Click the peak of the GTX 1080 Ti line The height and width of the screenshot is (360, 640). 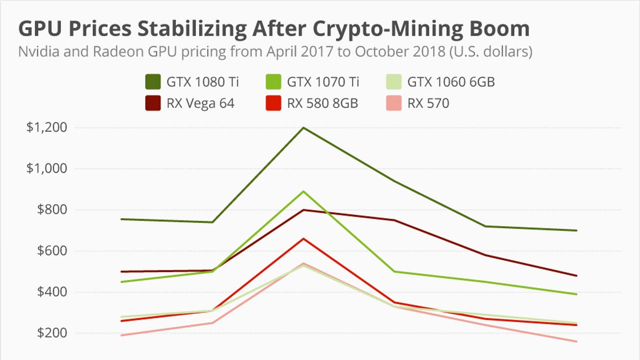pos(303,127)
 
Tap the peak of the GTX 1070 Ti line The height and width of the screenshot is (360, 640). pos(303,191)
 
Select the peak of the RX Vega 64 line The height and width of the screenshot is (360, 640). pos(303,210)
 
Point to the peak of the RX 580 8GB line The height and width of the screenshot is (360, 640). pos(303,238)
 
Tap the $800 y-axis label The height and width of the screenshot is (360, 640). pos(50,210)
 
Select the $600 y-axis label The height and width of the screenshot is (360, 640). pos(50,251)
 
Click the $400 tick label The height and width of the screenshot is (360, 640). pos(50,292)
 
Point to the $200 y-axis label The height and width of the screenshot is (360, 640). pos(50,333)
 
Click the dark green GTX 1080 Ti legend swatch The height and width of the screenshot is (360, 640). pos(153,82)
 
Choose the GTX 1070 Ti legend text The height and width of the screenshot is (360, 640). pos(323,82)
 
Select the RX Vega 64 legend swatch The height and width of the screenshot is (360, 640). pos(153,103)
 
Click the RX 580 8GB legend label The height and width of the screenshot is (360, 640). pos(322,103)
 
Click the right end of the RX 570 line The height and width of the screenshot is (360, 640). pos(577,341)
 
